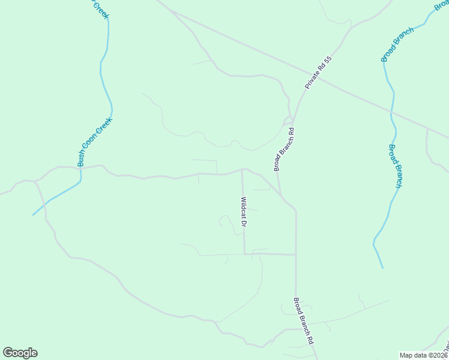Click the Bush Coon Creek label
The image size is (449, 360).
pyautogui.click(x=95, y=142)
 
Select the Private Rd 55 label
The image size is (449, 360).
pyautogui.click(x=318, y=73)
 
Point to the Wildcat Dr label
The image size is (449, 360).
pyautogui.click(x=244, y=212)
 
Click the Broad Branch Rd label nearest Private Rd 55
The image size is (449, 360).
pyautogui.click(x=284, y=149)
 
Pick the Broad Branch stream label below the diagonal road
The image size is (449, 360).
pyautogui.click(x=394, y=166)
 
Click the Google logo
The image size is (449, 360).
pyautogui.click(x=20, y=353)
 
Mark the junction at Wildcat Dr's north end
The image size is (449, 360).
pyautogui.click(x=242, y=170)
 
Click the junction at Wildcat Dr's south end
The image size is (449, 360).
pyautogui.click(x=244, y=254)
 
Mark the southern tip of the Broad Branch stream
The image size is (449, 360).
pyautogui.click(x=382, y=268)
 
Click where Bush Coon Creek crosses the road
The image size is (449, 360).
pyautogui.click(x=80, y=168)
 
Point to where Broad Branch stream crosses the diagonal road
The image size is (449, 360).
pyautogui.click(x=391, y=112)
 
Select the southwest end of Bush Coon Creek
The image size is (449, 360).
pyautogui.click(x=33, y=215)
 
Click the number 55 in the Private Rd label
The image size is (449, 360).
pyautogui.click(x=327, y=61)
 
